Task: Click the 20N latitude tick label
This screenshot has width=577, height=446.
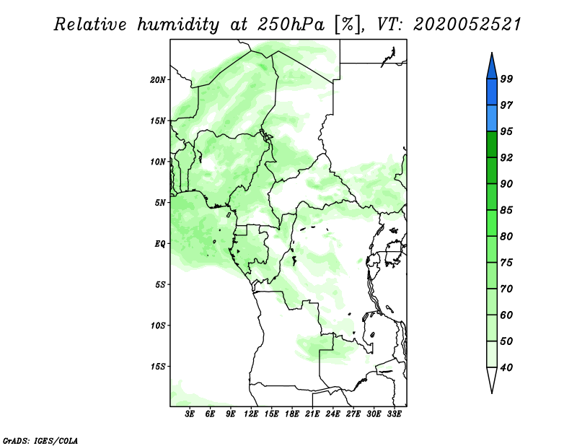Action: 158,80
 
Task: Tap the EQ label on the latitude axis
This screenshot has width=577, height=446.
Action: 159,244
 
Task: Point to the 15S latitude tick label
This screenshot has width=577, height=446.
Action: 158,367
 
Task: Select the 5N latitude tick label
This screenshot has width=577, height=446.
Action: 160,203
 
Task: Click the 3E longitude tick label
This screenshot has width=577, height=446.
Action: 190,414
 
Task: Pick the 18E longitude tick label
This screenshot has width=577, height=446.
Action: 292,414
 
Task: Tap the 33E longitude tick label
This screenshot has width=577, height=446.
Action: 394,414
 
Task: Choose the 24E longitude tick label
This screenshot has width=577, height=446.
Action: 332,414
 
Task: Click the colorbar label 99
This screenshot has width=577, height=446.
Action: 506,79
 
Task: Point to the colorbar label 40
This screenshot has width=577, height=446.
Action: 506,367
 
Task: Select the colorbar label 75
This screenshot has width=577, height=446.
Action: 506,262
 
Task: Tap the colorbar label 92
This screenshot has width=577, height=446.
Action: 506,157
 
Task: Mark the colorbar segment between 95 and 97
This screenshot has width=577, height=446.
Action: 492,118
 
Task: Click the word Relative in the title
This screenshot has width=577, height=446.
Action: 90,25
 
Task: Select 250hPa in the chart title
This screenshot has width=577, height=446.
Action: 291,25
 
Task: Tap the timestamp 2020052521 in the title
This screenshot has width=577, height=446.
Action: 467,25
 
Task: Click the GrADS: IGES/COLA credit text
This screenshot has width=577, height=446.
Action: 40,440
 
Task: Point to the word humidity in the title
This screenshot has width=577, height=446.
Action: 178,25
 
